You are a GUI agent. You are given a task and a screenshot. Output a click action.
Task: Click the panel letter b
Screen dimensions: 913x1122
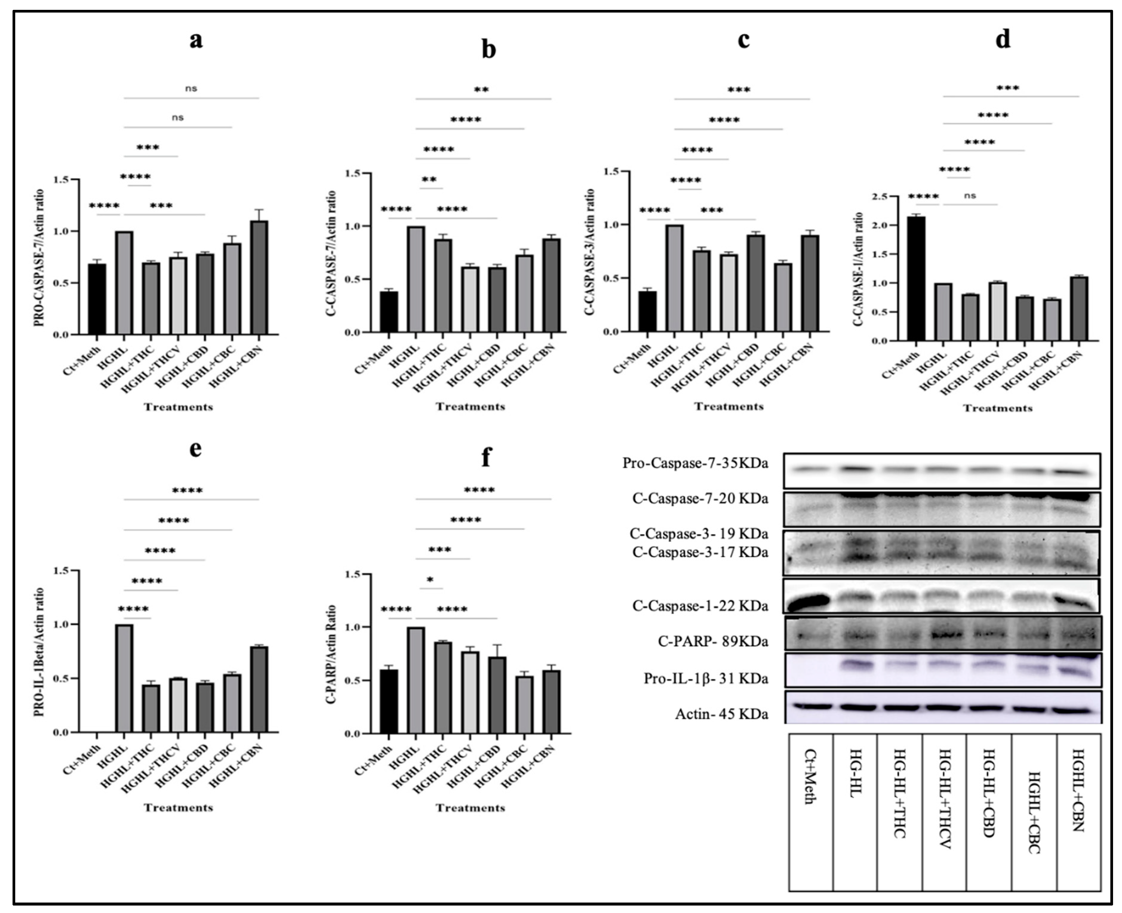click(x=488, y=50)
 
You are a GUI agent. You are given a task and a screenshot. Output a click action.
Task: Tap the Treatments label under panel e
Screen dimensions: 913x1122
click(x=179, y=807)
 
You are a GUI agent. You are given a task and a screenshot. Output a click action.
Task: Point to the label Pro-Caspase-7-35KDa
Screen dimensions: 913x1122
click(x=695, y=463)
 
